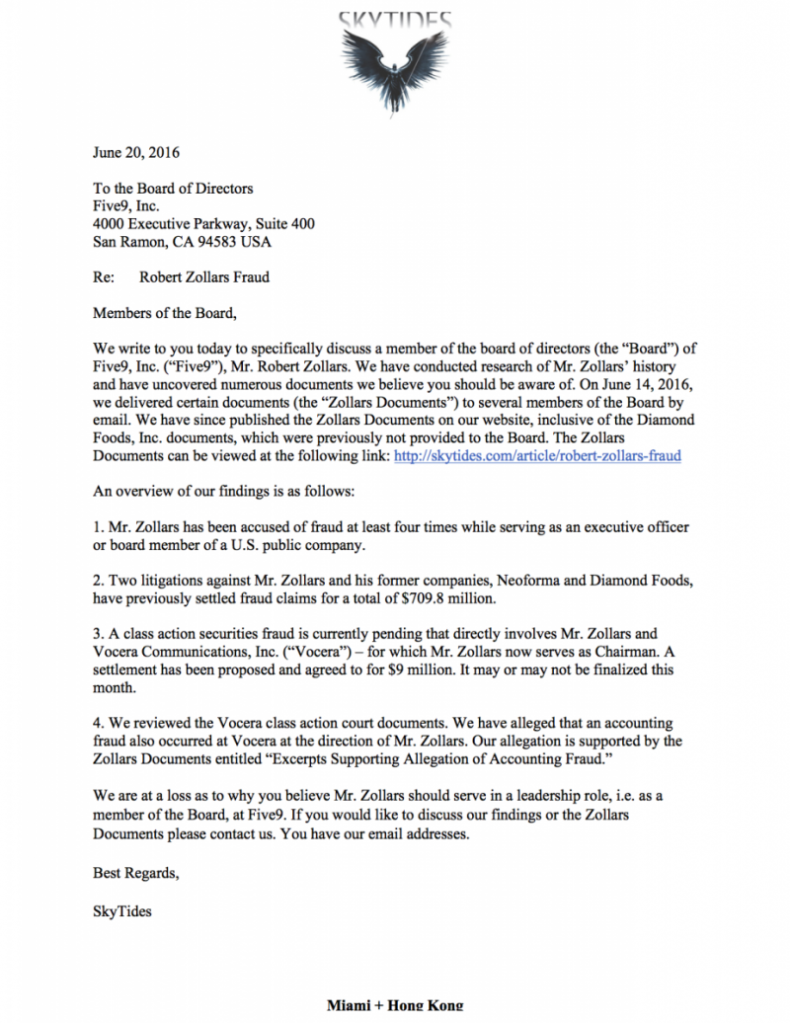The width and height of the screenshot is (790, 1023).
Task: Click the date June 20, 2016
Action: (136, 153)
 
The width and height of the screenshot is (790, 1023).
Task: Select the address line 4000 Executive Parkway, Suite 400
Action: (203, 224)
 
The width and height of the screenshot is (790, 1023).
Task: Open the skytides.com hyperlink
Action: (537, 456)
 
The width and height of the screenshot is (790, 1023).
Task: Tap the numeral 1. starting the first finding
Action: (98, 527)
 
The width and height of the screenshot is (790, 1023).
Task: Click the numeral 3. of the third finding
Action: (98, 634)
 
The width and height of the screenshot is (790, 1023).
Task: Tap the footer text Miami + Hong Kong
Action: (395, 1006)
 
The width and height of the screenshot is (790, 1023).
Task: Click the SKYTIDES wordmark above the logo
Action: (395, 19)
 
